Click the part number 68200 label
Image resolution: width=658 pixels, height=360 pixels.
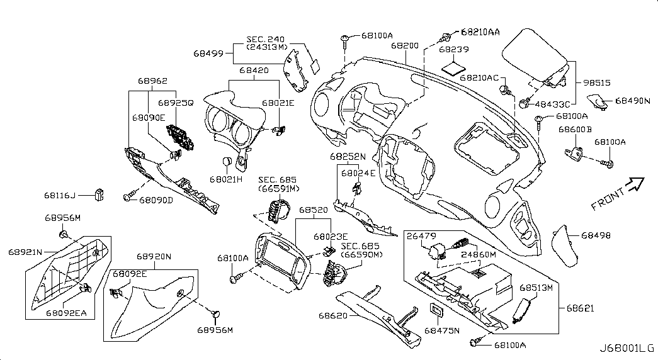pyautogui.click(x=404, y=46)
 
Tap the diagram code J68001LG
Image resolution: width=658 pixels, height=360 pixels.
pyautogui.click(x=627, y=348)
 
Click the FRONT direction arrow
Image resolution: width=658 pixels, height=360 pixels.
pyautogui.click(x=636, y=183)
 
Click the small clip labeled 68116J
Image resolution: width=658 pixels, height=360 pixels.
pyautogui.click(x=99, y=192)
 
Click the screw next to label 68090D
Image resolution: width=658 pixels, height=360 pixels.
pyautogui.click(x=128, y=198)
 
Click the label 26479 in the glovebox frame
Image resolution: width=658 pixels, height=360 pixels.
pyautogui.click(x=421, y=236)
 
